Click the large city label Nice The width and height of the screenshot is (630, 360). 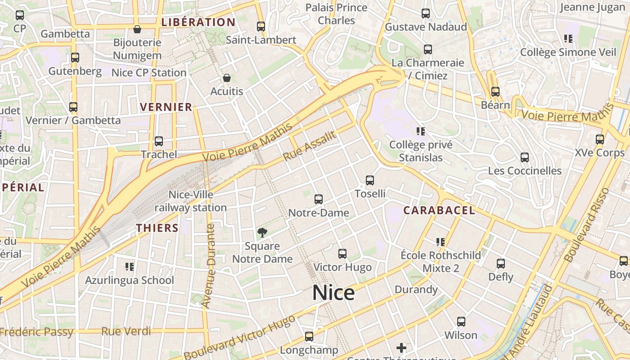point(333,293)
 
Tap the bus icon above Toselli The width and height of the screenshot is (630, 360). point(370,180)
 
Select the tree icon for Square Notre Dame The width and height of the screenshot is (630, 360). point(262,233)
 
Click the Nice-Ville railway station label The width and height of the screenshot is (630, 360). point(191,201)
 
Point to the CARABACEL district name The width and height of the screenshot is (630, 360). point(439,210)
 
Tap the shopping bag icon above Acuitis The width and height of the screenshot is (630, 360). point(227,78)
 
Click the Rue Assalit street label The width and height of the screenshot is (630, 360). point(310,146)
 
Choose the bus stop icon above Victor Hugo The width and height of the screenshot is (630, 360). point(342,254)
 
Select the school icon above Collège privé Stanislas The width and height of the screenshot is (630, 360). point(421,131)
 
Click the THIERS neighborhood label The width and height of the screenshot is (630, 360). point(157,228)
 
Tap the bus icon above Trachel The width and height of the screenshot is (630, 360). point(158,141)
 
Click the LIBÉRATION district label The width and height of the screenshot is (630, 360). point(198,22)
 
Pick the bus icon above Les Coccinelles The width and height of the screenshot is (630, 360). point(525,157)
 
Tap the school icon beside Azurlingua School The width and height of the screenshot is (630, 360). point(130,267)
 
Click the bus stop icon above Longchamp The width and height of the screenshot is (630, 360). point(309,337)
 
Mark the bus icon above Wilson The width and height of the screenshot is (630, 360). point(461,322)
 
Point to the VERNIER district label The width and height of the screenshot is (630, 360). point(166,107)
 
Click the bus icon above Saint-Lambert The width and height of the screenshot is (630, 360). point(261,27)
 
